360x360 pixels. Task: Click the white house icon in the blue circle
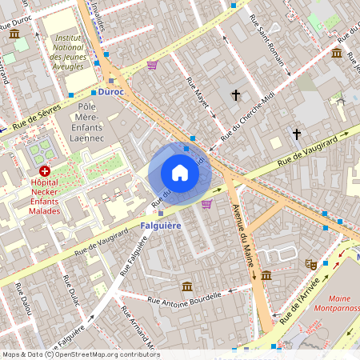(x=180, y=173)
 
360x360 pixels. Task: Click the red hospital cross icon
(x=45, y=171)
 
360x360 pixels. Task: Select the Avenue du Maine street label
(x=245, y=240)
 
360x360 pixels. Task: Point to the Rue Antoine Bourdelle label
(x=186, y=302)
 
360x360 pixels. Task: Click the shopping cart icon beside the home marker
(x=207, y=203)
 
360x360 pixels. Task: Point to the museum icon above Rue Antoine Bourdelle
(x=186, y=286)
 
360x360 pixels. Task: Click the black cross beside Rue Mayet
(x=236, y=96)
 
